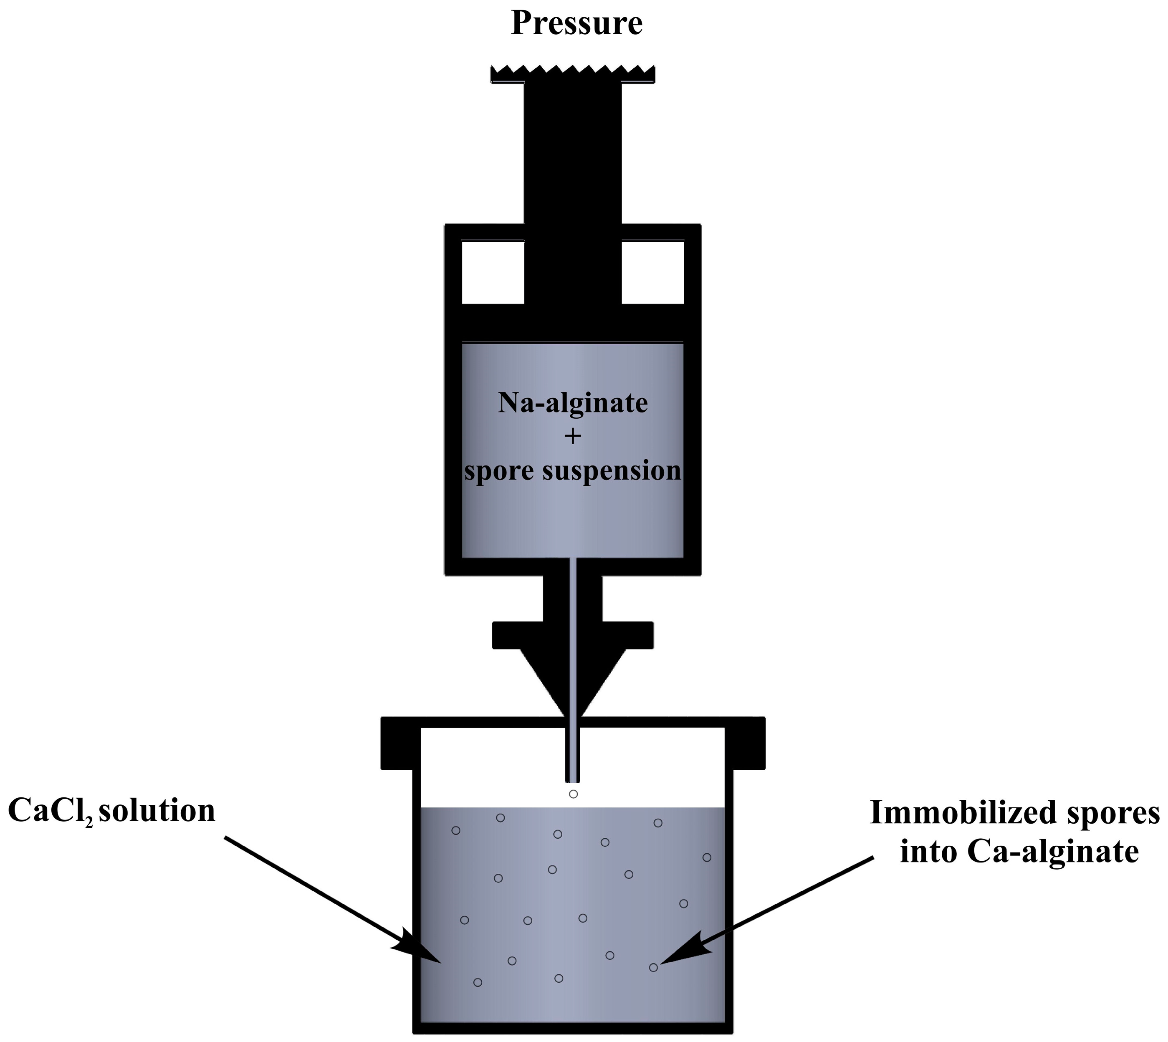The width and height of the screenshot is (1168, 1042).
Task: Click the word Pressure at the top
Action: pyautogui.click(x=576, y=24)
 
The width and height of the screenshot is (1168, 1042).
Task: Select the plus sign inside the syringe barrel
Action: pyautogui.click(x=573, y=437)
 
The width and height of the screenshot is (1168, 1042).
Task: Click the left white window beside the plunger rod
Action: pyautogui.click(x=493, y=272)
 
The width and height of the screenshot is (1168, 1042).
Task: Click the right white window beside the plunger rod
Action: pyautogui.click(x=653, y=272)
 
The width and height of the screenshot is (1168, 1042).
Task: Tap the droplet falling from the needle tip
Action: pyautogui.click(x=573, y=794)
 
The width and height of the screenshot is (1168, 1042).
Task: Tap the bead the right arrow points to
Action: pyautogui.click(x=653, y=968)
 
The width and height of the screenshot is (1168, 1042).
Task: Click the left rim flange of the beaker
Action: pyautogui.click(x=401, y=743)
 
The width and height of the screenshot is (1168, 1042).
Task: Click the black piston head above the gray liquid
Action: pyautogui.click(x=573, y=324)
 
